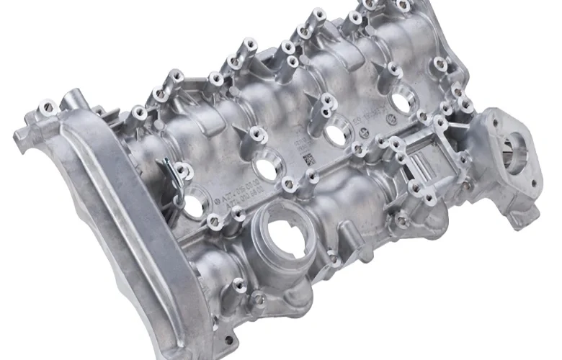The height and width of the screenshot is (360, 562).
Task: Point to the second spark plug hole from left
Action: [266, 168]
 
